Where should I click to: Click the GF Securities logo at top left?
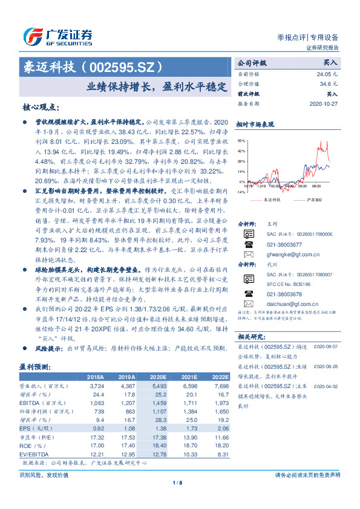(58, 36)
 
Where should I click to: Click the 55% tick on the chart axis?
(241, 140)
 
